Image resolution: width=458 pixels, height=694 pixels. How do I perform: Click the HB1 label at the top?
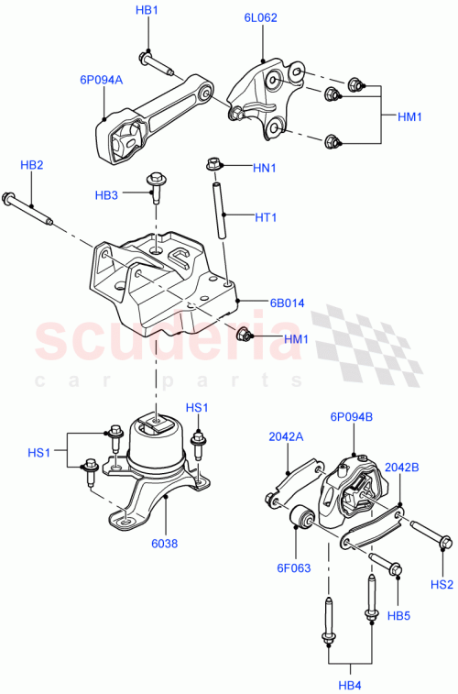pyautogui.click(x=147, y=10)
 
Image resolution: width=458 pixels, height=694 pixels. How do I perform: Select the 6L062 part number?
pyautogui.click(x=262, y=16)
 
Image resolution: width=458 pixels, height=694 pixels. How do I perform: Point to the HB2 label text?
pyautogui.click(x=32, y=165)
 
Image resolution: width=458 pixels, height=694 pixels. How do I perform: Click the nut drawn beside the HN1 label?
pyautogui.click(x=213, y=165)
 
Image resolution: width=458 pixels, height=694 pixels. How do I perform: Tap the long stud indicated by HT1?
pyautogui.click(x=220, y=211)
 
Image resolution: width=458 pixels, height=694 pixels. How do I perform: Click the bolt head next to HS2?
pyautogui.click(x=442, y=545)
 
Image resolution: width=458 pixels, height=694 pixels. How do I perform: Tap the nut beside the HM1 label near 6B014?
pyautogui.click(x=244, y=334)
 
